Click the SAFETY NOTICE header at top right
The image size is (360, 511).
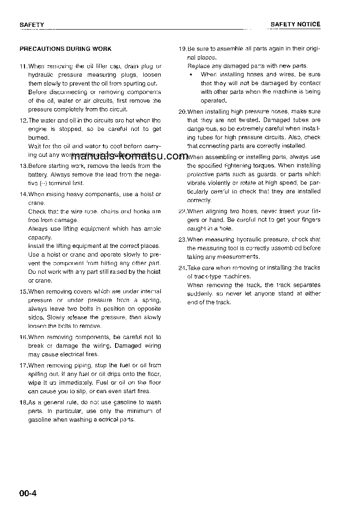pos(295,25)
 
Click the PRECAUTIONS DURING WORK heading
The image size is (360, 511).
pos(65,49)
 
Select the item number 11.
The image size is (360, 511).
pos(23,66)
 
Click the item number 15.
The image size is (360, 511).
pos(23,292)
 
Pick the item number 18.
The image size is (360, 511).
pos(23,402)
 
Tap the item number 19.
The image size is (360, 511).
pos(182,49)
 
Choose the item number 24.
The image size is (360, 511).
pos(182,268)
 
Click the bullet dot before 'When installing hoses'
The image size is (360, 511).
pos(191,74)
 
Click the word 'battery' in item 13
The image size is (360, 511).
pos(38,175)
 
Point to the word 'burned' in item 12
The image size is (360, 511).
pos(37,138)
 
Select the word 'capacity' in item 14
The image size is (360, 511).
pos(39,237)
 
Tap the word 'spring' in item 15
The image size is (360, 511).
pos(153,300)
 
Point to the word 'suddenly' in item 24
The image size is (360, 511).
pos(200,294)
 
